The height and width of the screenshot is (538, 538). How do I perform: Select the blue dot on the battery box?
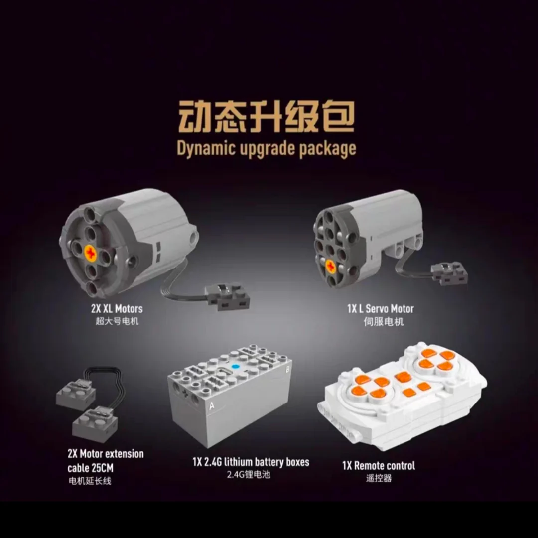235,367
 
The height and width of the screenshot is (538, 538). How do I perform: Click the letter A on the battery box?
212,406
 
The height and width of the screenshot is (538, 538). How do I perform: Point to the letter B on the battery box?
287,369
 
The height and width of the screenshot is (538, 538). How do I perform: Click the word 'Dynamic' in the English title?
206,149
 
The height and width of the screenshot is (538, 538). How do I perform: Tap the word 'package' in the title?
327,149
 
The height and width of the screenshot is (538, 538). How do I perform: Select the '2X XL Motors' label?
117,309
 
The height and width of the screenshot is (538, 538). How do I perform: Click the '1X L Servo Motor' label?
380,309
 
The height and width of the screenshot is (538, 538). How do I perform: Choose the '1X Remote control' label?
379,466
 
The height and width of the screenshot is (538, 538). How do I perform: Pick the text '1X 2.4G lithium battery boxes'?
251,462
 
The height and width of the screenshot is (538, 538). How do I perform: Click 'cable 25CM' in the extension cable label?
90,468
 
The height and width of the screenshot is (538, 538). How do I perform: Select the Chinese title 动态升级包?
266,116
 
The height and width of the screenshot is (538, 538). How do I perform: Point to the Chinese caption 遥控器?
379,478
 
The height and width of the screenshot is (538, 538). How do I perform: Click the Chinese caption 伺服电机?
383,321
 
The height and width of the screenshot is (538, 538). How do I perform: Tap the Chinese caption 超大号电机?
117,321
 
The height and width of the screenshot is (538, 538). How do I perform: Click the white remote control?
402,397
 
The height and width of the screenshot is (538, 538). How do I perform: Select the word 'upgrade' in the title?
268,149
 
